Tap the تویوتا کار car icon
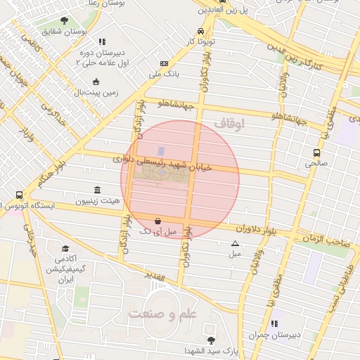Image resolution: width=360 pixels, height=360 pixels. click(x=201, y=32)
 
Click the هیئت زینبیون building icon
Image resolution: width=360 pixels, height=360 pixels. click(x=96, y=191)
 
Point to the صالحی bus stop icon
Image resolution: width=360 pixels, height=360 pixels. click(x=317, y=152)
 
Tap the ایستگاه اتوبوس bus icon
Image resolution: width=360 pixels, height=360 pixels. click(x=18, y=195)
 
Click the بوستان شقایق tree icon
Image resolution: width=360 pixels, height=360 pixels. click(x=65, y=20)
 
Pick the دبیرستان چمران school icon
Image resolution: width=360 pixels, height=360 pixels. click(x=274, y=323)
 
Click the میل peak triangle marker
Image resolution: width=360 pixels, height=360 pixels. click(x=235, y=243)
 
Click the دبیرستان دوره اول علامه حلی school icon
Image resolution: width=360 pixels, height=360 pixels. click(x=102, y=41)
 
